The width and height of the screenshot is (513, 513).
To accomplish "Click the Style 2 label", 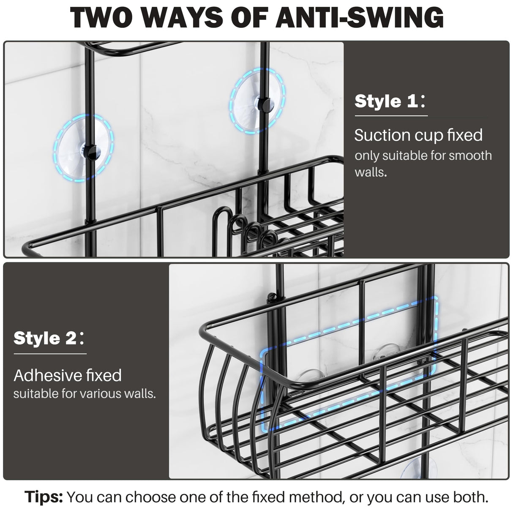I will point(46,338).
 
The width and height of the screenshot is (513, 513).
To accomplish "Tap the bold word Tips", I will point(44,497).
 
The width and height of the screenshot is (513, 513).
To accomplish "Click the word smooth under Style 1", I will point(470,156).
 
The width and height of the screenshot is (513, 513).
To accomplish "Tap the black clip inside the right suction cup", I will point(265,103).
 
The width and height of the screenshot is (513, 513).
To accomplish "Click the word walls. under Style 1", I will point(371,172).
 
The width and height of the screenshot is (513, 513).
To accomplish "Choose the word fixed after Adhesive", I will point(104,375).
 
